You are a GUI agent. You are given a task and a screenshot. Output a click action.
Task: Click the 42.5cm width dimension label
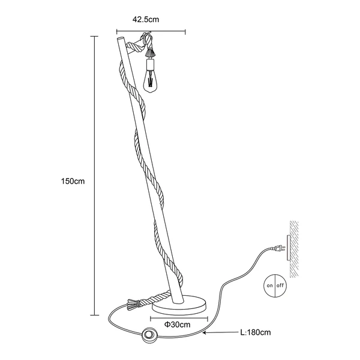pos(146,20)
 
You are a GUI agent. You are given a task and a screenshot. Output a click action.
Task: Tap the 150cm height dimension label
pos(73,181)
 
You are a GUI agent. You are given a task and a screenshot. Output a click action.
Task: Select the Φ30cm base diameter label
pos(177,325)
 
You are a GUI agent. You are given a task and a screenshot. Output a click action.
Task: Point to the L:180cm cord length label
pos(256,332)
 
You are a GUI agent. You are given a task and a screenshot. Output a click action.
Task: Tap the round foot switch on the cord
pos(149,335)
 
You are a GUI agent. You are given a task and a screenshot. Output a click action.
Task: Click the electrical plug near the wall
pos(278,248)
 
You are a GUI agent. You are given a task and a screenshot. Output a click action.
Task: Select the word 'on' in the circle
pos(269,286)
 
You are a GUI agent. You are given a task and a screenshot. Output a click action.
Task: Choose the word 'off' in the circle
pos(280,286)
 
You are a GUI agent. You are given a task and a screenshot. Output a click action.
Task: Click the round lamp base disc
pos(179,305)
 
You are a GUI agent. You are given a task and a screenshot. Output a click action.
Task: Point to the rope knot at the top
pos(146,37)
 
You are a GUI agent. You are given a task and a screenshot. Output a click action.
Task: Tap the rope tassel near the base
pos(131,305)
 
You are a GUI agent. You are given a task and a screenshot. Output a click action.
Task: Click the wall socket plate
pos(289,247)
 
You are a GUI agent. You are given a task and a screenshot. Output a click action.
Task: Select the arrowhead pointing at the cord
pos(205,332)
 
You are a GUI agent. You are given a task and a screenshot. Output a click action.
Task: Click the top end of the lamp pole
pos(120,38)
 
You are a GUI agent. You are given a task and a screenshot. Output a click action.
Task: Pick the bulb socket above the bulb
pos(149,65)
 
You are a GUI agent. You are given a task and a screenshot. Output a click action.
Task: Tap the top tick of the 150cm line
pos(94,36)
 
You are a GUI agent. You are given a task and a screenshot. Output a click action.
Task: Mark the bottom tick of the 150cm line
pos(94,315)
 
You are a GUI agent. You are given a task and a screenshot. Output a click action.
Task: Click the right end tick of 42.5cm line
pos(185,32)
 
